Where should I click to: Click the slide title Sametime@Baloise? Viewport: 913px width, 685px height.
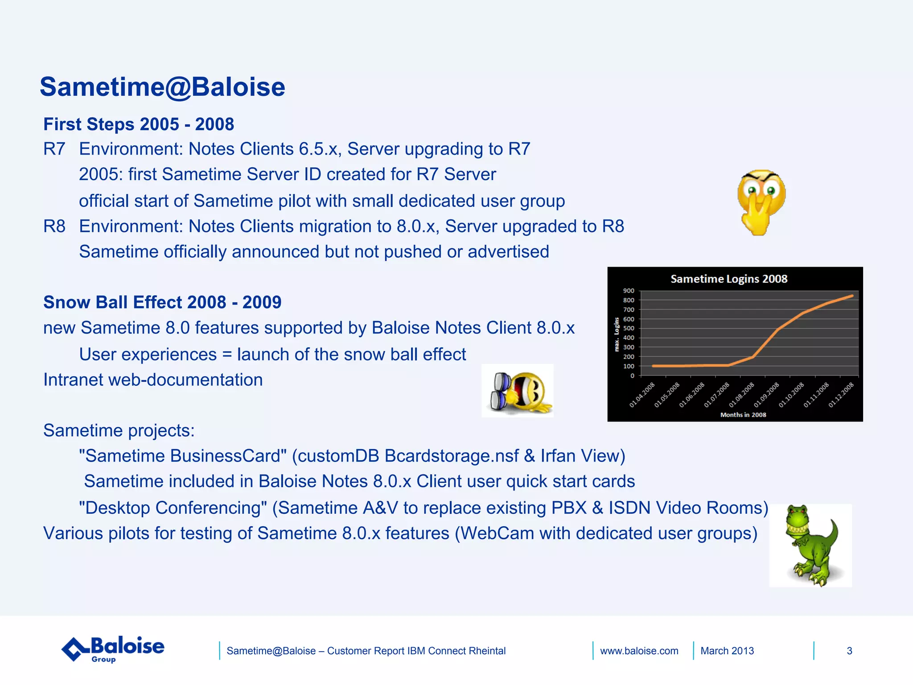(x=162, y=87)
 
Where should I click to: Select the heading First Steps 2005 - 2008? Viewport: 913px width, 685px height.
(x=139, y=124)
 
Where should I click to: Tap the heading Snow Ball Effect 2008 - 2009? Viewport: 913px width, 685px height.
(x=162, y=302)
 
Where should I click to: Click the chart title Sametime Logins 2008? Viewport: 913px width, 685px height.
(x=729, y=279)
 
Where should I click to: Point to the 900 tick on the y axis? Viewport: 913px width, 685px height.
(x=629, y=291)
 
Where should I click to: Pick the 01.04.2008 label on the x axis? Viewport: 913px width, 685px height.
(x=642, y=395)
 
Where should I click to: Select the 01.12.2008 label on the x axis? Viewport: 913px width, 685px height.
(x=842, y=395)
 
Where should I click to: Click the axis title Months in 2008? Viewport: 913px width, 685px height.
(x=743, y=415)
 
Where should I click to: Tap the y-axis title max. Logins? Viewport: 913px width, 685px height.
(x=617, y=334)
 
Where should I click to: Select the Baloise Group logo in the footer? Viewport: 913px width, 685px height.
(x=113, y=649)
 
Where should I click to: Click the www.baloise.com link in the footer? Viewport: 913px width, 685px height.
(x=639, y=651)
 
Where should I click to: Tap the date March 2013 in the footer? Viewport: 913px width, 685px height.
(x=727, y=651)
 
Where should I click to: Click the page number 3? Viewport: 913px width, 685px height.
(x=849, y=651)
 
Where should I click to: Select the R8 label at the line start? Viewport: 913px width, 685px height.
(x=54, y=227)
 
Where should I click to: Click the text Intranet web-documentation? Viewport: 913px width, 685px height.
(x=153, y=380)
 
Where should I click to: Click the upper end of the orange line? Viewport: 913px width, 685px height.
(x=852, y=296)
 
